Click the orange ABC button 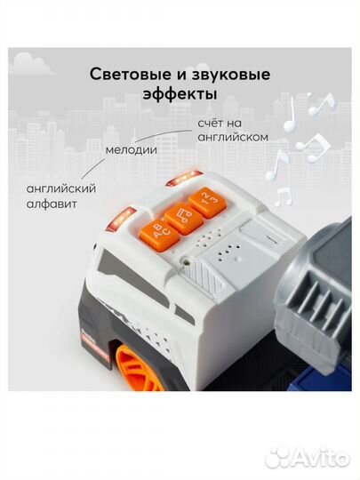coord(159,233)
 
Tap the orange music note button coord(183,218)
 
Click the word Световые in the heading coord(129,75)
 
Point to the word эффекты coord(180,93)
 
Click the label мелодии coord(132,150)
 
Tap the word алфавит coord(52,204)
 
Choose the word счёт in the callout coord(211,123)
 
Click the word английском coord(233,137)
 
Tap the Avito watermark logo coord(308,458)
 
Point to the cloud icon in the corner coord(30,63)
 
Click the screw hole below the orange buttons coord(185,261)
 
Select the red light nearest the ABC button coord(121,219)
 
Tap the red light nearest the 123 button coord(184,178)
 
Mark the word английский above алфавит coord(61,188)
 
